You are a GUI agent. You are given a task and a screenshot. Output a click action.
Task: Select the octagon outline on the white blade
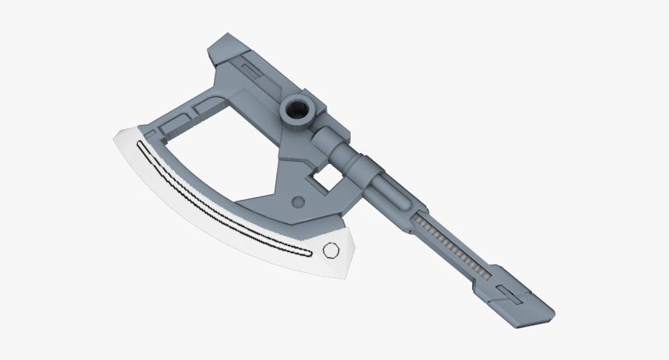330,250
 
